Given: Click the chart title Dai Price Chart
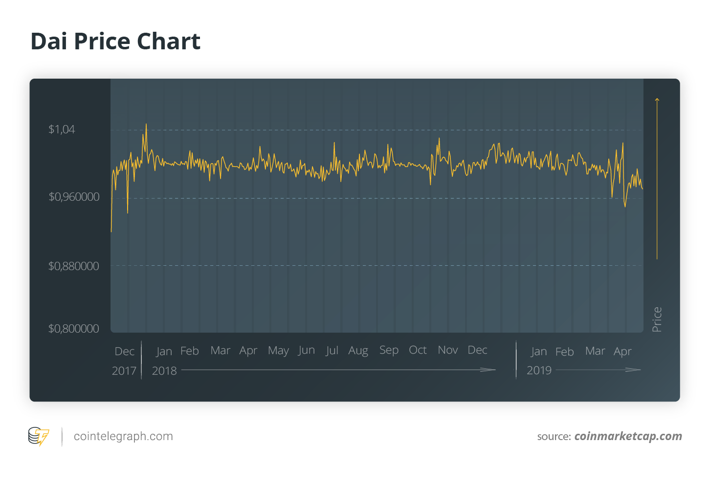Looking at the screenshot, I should click(x=115, y=42).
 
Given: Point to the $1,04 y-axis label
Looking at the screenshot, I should click(x=62, y=129).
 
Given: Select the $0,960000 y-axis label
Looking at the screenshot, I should click(x=74, y=197).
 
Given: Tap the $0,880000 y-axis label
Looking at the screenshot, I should click(x=73, y=266).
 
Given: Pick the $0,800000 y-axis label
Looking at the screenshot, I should click(x=73, y=329).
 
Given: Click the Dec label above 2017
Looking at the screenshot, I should click(x=124, y=352).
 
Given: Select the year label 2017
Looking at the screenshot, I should click(x=124, y=371).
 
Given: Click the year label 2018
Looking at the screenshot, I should click(x=164, y=371).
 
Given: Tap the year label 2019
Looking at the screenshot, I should click(x=539, y=370).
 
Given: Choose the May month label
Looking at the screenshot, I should click(x=278, y=351).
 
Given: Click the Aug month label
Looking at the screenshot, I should click(x=358, y=351).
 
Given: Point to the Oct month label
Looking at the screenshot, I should click(x=418, y=350).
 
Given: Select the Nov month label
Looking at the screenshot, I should click(x=448, y=350).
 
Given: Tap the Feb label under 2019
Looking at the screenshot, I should click(x=564, y=352).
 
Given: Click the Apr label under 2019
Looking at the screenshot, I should click(x=622, y=352).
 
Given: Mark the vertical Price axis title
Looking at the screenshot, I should click(x=657, y=319).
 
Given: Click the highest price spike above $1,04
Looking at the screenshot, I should click(x=146, y=125).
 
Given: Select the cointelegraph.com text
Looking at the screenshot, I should click(x=123, y=436).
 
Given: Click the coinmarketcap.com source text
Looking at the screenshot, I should click(x=628, y=436).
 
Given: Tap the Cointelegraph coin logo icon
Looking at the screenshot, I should click(x=39, y=436).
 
